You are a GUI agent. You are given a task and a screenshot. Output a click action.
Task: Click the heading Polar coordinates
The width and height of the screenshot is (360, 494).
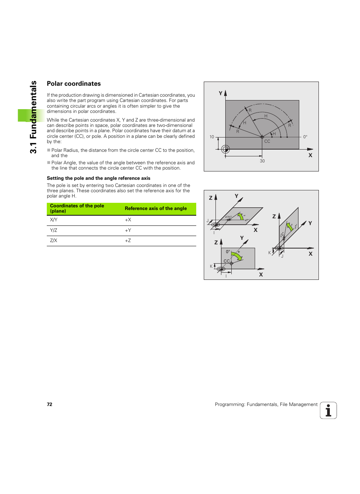click(74, 84)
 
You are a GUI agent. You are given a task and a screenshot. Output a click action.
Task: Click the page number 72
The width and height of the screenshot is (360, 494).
click(49, 404)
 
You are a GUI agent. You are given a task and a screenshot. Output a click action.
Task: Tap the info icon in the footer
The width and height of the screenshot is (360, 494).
click(328, 411)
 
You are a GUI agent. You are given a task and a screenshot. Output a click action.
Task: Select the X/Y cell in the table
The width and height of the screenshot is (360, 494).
click(54, 220)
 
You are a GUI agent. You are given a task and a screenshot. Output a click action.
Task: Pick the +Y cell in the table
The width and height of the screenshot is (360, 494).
click(128, 230)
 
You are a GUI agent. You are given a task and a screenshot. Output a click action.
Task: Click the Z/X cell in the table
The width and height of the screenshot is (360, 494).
click(54, 241)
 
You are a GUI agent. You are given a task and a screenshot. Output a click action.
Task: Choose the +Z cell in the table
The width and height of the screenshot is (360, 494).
click(128, 241)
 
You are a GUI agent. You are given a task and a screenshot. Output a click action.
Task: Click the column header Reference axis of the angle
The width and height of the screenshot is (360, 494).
click(155, 208)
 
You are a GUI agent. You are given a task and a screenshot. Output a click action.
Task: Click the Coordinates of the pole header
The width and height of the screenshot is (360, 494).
click(77, 208)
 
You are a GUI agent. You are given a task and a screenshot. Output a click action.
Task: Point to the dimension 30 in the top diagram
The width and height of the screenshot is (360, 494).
click(262, 161)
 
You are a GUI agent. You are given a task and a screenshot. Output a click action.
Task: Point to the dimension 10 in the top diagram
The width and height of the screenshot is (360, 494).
click(212, 137)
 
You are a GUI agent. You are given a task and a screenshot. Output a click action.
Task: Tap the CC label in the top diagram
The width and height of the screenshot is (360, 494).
click(267, 142)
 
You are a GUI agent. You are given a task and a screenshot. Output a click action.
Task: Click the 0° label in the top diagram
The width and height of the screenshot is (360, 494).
click(305, 137)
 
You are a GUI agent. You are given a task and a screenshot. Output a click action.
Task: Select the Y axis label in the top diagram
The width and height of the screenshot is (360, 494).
click(221, 93)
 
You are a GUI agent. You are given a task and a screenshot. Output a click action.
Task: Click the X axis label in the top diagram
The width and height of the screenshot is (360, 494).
click(310, 155)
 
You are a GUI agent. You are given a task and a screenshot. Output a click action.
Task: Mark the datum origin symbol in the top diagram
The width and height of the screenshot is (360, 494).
click(225, 149)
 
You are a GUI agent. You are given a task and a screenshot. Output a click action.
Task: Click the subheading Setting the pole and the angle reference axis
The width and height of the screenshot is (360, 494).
click(98, 178)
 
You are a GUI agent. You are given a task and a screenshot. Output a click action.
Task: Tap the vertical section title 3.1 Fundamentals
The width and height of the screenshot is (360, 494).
click(34, 117)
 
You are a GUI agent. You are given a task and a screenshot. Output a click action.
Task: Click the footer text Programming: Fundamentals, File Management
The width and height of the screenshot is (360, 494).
click(266, 404)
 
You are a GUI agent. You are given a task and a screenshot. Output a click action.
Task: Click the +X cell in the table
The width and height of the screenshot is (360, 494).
click(128, 220)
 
